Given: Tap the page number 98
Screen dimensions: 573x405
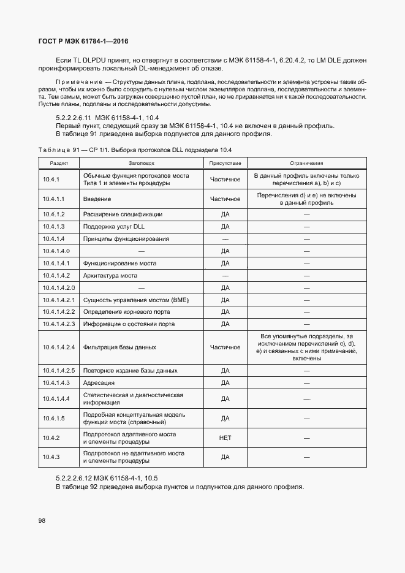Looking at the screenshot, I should point(42,521).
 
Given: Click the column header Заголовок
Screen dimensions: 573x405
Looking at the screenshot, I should point(142,164).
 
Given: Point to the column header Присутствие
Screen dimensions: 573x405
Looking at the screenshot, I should point(225,164).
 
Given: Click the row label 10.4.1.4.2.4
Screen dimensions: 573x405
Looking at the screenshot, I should point(59,347).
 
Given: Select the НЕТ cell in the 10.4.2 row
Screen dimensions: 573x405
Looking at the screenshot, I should point(225,438).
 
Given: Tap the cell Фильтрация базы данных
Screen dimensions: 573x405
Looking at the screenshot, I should point(119,347).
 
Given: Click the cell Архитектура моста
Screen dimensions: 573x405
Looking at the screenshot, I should point(110,275).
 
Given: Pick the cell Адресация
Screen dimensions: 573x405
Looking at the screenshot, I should point(99,383).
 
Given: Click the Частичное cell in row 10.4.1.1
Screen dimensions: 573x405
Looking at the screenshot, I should point(225,199).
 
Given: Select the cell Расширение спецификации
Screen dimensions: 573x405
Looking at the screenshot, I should point(123,214).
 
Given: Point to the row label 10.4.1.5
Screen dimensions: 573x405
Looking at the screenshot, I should point(54,419).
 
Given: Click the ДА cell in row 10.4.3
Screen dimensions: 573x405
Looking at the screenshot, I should point(225,457).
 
